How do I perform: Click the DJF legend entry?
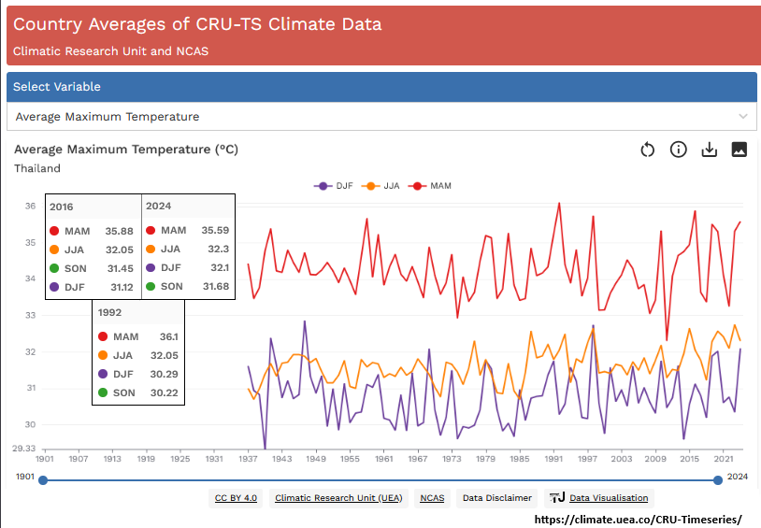[334, 186]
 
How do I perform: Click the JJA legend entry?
[383, 186]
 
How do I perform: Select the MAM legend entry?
[433, 186]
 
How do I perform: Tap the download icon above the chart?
[709, 150]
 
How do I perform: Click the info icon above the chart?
[679, 150]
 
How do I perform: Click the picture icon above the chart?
[739, 150]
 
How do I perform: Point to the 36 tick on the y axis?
[30, 207]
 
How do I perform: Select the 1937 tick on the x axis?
[248, 459]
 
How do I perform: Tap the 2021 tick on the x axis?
[723, 459]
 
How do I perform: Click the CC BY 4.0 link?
[236, 498]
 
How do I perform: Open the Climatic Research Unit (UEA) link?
[338, 498]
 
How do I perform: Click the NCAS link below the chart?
[432, 498]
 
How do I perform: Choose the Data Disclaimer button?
[497, 498]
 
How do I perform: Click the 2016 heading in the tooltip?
[62, 207]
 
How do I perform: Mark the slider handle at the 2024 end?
[718, 480]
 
